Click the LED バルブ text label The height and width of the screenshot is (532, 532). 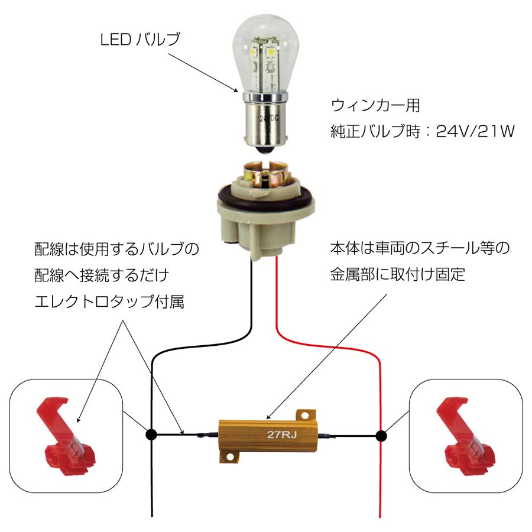click(140, 40)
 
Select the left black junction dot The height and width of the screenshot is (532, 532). click(151, 434)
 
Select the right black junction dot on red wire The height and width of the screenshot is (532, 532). click(381, 436)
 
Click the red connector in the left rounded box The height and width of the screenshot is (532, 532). click(65, 437)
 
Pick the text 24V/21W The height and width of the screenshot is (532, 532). click(475, 131)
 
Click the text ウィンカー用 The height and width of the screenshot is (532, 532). click(375, 106)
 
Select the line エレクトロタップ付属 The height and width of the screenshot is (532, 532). click(109, 301)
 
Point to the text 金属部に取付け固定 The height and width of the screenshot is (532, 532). click(398, 274)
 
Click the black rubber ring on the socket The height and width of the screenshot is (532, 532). click(265, 196)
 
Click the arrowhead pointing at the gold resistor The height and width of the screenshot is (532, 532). click(269, 417)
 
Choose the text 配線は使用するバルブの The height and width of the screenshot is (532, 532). click(116, 249)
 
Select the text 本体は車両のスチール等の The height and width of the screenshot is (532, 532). click(420, 249)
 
